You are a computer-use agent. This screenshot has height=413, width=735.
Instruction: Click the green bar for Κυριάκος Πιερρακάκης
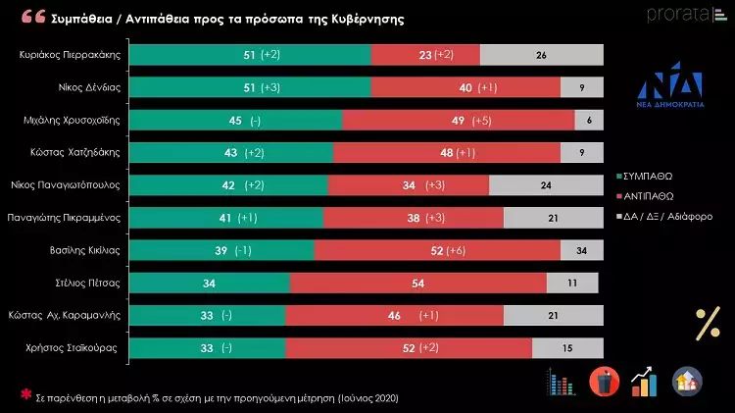250,56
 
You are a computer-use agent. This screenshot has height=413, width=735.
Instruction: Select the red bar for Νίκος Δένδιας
465,88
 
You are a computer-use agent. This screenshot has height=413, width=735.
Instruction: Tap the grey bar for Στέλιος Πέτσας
572,283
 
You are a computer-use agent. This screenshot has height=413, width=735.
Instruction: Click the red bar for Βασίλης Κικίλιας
437,250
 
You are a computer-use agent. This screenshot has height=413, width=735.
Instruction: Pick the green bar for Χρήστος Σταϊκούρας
207,347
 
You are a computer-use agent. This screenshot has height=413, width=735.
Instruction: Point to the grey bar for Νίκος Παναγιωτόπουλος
546,185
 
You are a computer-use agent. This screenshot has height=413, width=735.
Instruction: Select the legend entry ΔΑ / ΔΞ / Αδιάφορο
662,215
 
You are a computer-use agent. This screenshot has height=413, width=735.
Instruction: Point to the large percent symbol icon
707,322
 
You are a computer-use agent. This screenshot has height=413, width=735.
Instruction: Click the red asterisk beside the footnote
26,395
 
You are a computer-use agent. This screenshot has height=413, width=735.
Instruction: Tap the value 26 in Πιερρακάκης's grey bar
542,56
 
